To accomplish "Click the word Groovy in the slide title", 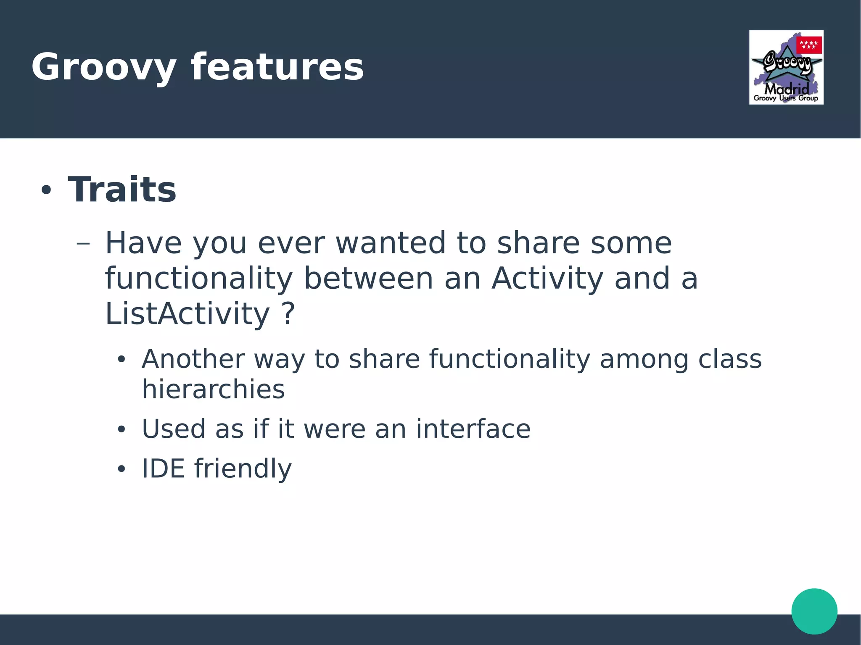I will coord(103,67).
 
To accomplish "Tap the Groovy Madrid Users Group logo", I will coord(786,67).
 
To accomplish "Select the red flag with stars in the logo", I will coord(809,45).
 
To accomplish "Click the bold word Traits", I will coord(122,190).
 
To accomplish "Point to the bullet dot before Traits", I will coord(46,190).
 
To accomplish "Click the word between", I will coord(368,279).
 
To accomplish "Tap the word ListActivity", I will coord(187,314).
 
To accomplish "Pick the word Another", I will coord(193,359).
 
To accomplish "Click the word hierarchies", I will coord(213,389).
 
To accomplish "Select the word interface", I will coord(473,429).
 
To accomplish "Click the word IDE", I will coord(163,469).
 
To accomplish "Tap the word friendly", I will coord(243,469).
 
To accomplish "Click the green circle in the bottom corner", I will coord(814,611).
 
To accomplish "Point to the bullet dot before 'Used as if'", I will coord(121,429).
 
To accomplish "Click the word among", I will coord(644,359).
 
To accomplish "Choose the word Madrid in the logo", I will coord(786,89).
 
